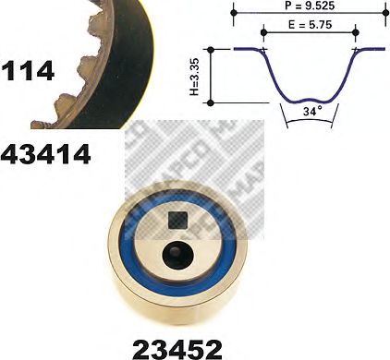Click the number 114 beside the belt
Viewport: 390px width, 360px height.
pos(28,69)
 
